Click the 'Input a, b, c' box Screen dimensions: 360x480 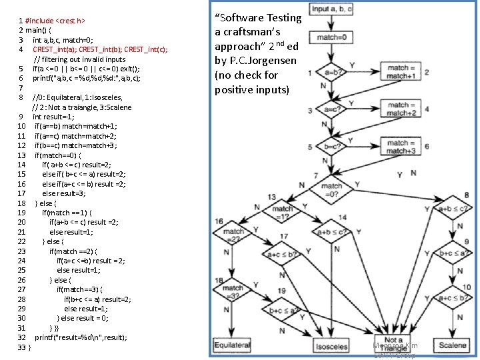point(331,9)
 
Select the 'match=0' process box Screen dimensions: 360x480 point(331,37)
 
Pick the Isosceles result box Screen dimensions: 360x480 point(331,346)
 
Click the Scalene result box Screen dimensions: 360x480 point(453,345)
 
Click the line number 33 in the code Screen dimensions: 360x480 point(22,347)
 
